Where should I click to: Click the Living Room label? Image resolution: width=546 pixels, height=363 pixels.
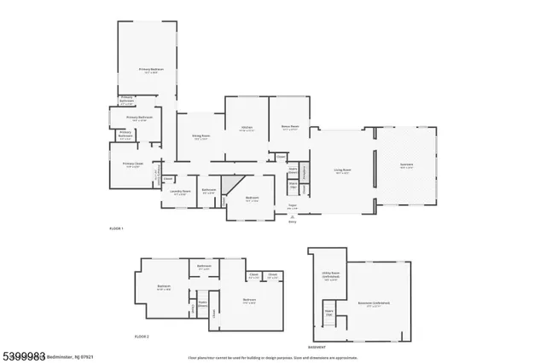click(x=342, y=170)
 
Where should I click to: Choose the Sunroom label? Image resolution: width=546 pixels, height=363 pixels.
click(x=406, y=166)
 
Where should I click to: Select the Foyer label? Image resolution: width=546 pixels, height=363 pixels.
click(x=292, y=205)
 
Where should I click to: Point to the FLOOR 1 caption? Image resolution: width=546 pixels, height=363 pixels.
click(x=117, y=229)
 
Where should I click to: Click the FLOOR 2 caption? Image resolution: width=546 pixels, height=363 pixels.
click(x=142, y=337)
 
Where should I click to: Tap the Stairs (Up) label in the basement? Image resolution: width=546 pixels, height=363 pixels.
click(x=327, y=314)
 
